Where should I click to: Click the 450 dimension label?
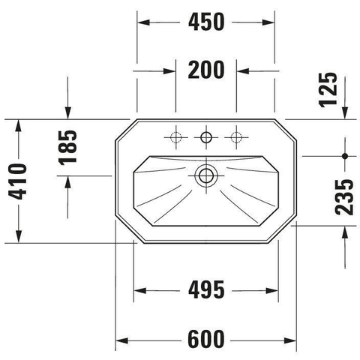pyautogui.click(x=206, y=22)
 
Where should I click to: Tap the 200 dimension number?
pyautogui.click(x=206, y=70)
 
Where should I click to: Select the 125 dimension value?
pyautogui.click(x=328, y=90)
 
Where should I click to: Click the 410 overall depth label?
pyautogui.click(x=17, y=181)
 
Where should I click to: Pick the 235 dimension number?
pyautogui.click(x=344, y=197)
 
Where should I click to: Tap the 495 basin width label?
pyautogui.click(x=206, y=290)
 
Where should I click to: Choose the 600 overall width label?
pyautogui.click(x=206, y=339)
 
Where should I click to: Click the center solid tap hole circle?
pyautogui.click(x=206, y=137)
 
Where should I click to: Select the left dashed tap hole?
pyautogui.click(x=175, y=137)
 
